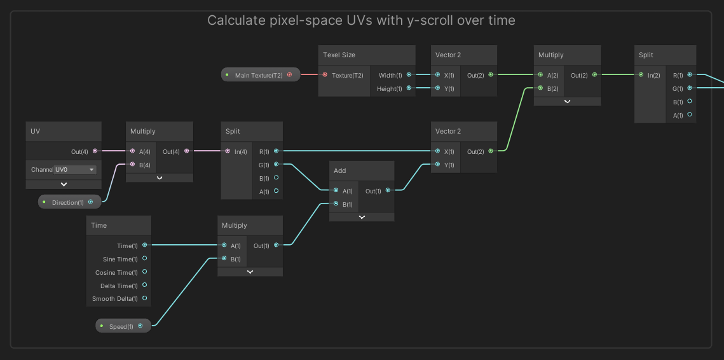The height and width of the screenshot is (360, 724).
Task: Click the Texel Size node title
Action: pyautogui.click(x=339, y=55)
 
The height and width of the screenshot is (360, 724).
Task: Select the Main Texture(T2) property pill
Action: pyautogui.click(x=259, y=75)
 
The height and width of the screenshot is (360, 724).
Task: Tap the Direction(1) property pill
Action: pyautogui.click(x=67, y=202)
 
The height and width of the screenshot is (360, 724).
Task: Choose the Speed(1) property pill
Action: pyautogui.click(x=121, y=326)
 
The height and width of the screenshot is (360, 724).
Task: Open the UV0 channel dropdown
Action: pyautogui.click(x=75, y=170)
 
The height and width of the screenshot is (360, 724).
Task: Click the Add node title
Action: pyautogui.click(x=340, y=170)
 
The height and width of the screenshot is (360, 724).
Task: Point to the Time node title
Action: pyautogui.click(x=99, y=225)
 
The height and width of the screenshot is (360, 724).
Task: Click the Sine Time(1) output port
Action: pyautogui.click(x=145, y=259)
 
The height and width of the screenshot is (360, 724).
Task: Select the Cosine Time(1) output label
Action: pyautogui.click(x=116, y=272)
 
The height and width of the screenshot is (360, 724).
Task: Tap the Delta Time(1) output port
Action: pyautogui.click(x=145, y=286)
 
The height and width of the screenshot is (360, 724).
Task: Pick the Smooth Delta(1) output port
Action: pyautogui.click(x=145, y=298)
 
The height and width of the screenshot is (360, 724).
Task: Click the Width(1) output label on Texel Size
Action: pyautogui.click(x=390, y=75)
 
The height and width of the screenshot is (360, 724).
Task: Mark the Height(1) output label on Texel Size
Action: pyautogui.click(x=390, y=88)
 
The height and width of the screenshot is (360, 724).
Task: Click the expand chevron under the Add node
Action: pyautogui.click(x=362, y=217)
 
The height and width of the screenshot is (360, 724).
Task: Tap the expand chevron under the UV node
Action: pyautogui.click(x=64, y=184)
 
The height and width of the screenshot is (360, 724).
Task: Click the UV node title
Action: pyautogui.click(x=36, y=131)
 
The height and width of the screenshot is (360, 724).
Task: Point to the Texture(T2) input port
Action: pyautogui.click(x=325, y=75)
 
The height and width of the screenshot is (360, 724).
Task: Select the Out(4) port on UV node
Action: pyautogui.click(x=95, y=151)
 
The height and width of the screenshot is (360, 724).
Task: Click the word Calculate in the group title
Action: pyautogui.click(x=232, y=20)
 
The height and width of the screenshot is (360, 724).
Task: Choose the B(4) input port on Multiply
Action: pyautogui.click(x=132, y=165)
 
